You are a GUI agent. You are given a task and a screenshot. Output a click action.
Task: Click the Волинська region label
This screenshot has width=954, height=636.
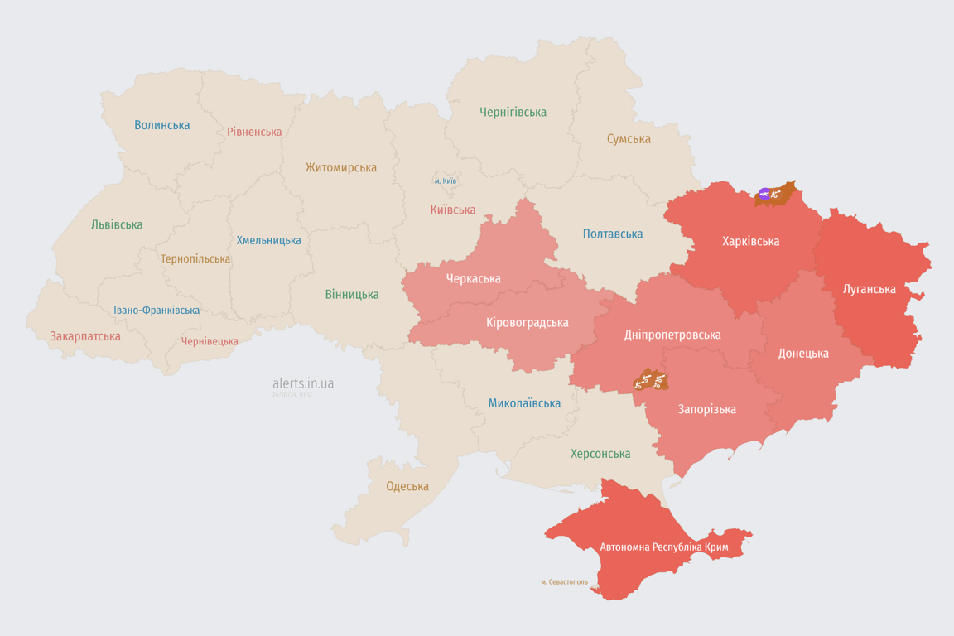162,125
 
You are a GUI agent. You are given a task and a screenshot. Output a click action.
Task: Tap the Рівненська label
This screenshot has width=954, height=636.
254,132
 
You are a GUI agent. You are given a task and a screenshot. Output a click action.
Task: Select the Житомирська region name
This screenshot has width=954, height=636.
341,167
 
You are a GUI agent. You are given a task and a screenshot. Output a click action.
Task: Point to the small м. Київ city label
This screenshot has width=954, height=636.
446,181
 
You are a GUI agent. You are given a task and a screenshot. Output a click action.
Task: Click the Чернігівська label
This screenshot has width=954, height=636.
513,112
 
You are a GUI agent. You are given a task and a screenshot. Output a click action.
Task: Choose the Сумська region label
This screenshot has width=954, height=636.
629,138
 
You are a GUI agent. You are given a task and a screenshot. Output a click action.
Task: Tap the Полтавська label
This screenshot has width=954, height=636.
613,234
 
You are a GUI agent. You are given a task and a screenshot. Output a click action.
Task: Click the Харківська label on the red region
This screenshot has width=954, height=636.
750,241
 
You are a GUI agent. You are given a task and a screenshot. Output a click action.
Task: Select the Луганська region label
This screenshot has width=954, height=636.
869,289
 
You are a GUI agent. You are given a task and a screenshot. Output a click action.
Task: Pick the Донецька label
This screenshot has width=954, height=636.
802,353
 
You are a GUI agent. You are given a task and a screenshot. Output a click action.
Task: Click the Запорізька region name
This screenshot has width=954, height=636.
706,409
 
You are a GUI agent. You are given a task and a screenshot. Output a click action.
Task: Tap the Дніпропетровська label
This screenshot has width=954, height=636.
672,335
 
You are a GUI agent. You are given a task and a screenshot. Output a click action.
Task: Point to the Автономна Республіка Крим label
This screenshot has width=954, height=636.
662,547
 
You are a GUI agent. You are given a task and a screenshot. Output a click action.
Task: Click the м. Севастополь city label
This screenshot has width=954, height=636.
564,581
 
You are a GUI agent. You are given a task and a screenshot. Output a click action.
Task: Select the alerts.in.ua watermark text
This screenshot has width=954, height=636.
303,383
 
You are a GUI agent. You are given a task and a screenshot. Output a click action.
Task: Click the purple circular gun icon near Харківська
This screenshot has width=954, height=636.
764,194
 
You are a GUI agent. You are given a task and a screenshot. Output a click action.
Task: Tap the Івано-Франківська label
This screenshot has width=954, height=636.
157,311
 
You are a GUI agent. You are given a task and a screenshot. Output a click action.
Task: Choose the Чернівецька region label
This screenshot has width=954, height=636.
210,341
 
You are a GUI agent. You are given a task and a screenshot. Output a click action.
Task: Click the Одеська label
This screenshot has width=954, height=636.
407,486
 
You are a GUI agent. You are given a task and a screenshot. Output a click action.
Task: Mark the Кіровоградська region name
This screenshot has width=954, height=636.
527,322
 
